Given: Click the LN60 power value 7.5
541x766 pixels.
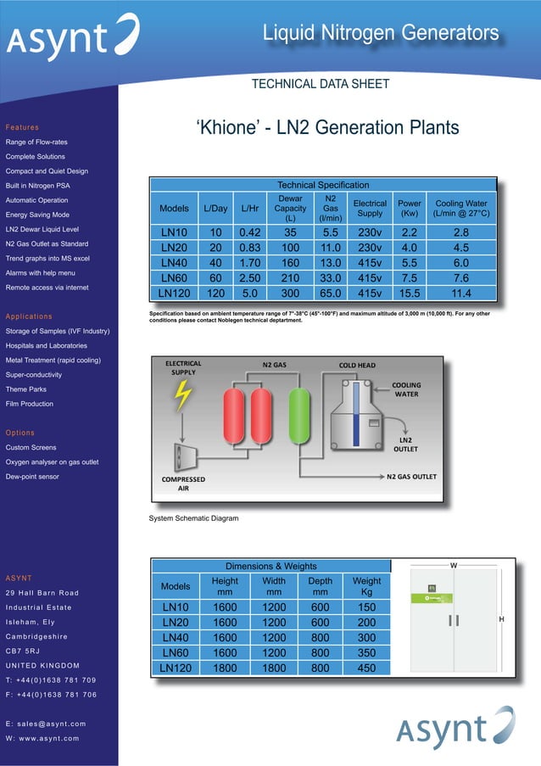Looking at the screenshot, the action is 410,278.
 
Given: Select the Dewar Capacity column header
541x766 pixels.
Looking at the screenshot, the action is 290,208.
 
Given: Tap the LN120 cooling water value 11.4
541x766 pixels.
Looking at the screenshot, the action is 461,294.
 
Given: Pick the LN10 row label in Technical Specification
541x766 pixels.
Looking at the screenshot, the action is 174,232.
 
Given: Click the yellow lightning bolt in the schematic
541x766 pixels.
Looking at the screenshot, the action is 182,394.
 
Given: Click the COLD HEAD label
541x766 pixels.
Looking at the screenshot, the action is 357,366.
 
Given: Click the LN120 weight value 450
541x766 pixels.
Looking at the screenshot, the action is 366,668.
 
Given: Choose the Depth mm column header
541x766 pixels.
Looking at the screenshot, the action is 320,586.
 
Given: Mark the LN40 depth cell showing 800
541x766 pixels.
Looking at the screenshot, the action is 320,637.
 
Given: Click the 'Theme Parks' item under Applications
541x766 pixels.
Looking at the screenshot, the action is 25,389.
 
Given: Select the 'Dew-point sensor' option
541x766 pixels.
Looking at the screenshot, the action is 32,477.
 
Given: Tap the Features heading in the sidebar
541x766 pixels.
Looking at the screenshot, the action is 22,127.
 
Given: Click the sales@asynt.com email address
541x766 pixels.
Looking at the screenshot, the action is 46,724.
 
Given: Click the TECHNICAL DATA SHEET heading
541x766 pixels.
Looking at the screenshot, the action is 321,84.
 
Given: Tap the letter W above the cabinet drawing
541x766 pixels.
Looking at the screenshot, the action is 453,564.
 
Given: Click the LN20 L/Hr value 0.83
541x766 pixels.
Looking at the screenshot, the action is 249,248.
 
